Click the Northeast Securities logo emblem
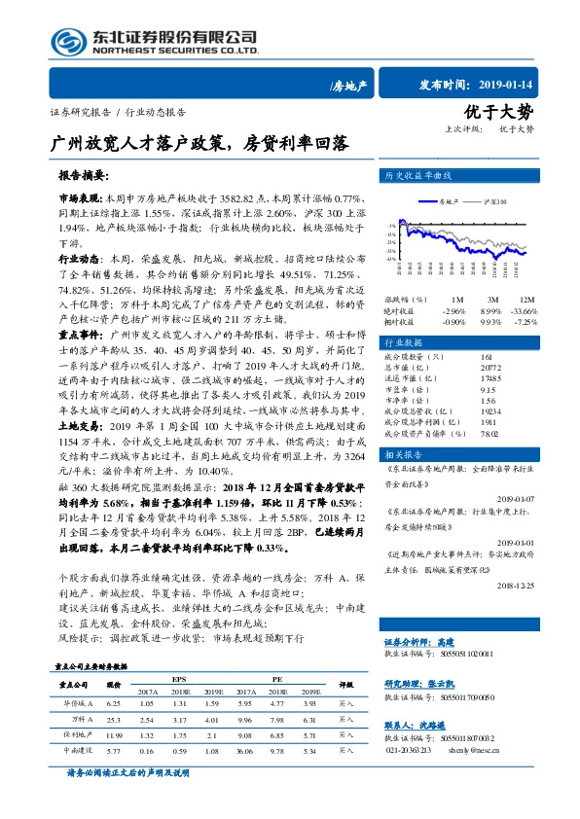point(69,39)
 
